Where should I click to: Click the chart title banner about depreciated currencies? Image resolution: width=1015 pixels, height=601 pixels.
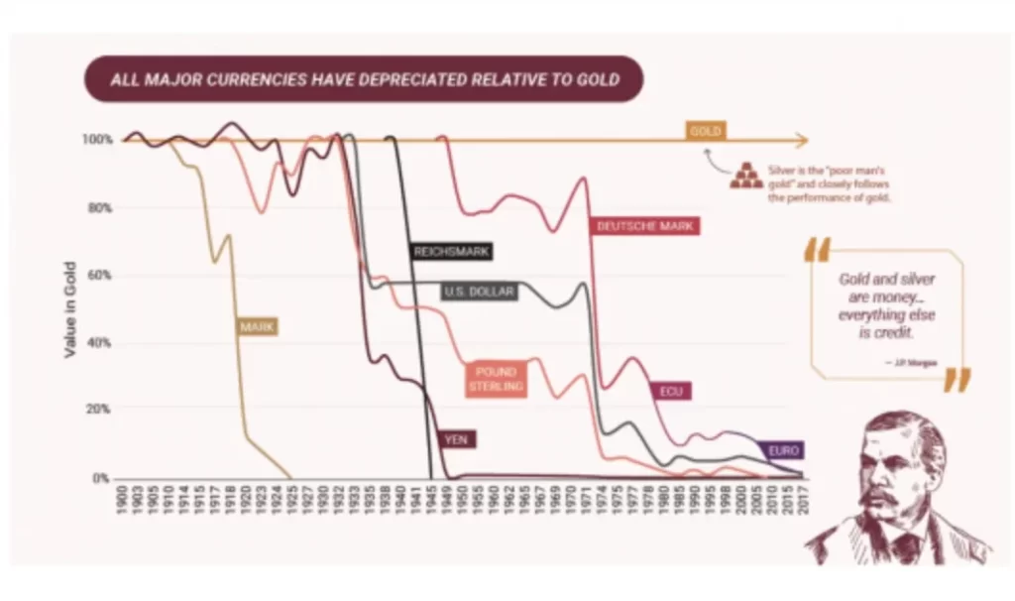click(364, 79)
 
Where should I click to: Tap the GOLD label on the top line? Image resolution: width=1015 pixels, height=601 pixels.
click(707, 131)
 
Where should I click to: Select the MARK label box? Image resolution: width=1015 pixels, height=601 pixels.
click(257, 325)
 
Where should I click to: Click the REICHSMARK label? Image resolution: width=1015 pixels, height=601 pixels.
click(451, 252)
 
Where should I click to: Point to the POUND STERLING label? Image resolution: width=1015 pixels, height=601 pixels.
click(496, 379)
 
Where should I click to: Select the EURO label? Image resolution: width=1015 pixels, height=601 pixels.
click(783, 450)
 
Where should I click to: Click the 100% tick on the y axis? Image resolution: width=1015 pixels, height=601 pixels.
click(100, 140)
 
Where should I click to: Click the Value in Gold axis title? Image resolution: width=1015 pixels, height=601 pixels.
click(70, 308)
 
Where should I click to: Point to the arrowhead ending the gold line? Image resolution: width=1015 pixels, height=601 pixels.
click(801, 140)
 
